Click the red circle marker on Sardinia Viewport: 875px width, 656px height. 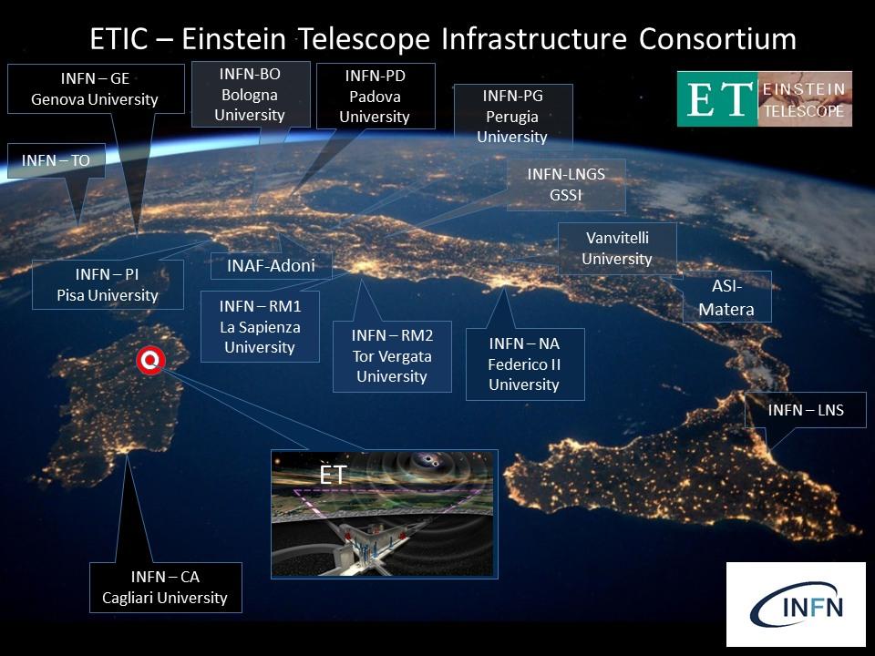pyautogui.click(x=150, y=361)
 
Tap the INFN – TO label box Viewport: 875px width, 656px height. pyautogui.click(x=57, y=160)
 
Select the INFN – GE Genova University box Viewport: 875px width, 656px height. pyautogui.click(x=96, y=88)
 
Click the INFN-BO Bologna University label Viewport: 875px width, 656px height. pyautogui.click(x=251, y=94)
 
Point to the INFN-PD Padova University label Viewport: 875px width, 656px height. pyautogui.click(x=376, y=96)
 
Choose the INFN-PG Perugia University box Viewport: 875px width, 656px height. pyautogui.click(x=513, y=117)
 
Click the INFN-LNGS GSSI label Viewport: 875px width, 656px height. pyautogui.click(x=566, y=185)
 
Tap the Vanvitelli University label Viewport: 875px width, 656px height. pyautogui.click(x=617, y=248)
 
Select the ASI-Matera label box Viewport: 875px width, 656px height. pyautogui.click(x=726, y=297)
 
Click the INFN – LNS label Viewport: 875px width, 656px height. pyautogui.click(x=805, y=410)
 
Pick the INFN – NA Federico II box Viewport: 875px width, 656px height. pyautogui.click(x=525, y=364)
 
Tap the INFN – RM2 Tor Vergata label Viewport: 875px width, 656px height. pyautogui.click(x=392, y=356)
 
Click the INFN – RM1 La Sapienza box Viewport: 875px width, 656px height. pyautogui.click(x=260, y=326)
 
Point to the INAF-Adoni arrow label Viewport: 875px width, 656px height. pyautogui.click(x=272, y=265)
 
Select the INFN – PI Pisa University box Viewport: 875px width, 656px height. pyautogui.click(x=108, y=284)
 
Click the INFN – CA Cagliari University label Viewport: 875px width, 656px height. pyautogui.click(x=165, y=588)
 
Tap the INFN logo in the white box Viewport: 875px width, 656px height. pyautogui.click(x=796, y=604)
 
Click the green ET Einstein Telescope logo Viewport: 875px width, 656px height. pyautogui.click(x=765, y=98)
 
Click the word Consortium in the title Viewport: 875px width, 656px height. pyautogui.click(x=717, y=39)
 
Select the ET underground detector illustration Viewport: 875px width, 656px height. pyautogui.click(x=384, y=514)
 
